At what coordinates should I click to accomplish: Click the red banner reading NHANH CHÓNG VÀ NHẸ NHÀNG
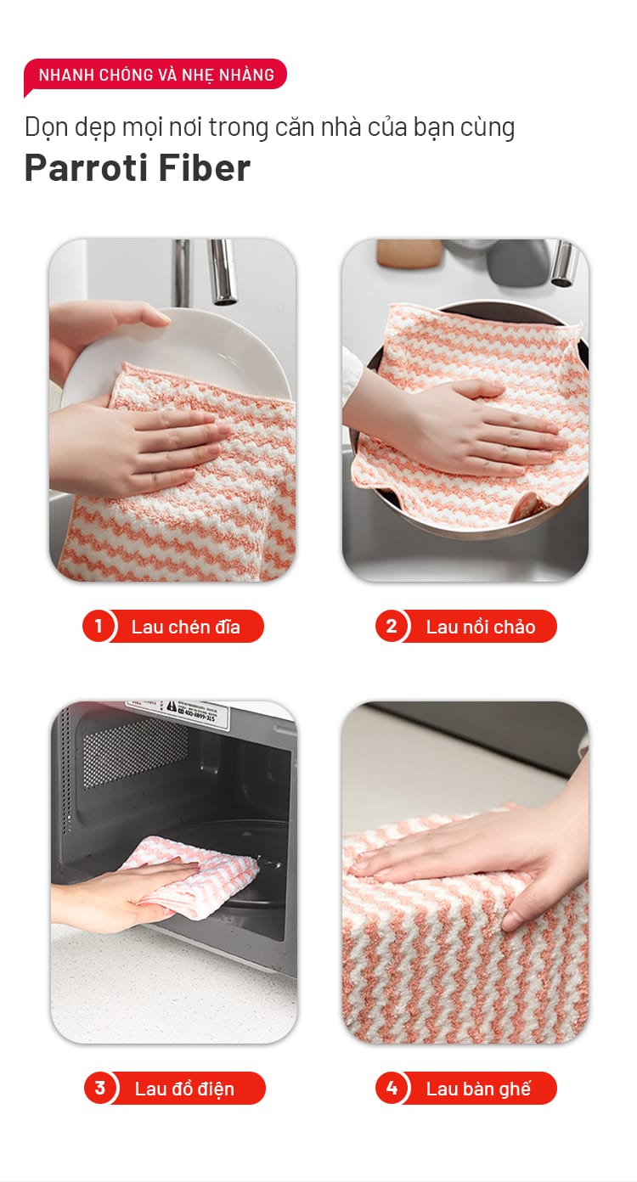pos(155,76)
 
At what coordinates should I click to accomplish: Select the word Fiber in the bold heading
pos(204,168)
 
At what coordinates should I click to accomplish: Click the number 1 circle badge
pos(97,627)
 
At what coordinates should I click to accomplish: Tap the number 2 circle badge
pos(391,627)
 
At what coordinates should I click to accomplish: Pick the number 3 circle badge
pos(99,1088)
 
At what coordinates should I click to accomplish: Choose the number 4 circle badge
pos(391,1088)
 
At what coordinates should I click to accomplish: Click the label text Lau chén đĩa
pos(186,627)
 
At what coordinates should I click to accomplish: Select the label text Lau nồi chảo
pos(480,627)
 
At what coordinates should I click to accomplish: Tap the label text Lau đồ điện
pos(184,1089)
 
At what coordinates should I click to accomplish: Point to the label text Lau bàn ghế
pos(478,1089)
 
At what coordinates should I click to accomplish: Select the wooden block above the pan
pos(409,253)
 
